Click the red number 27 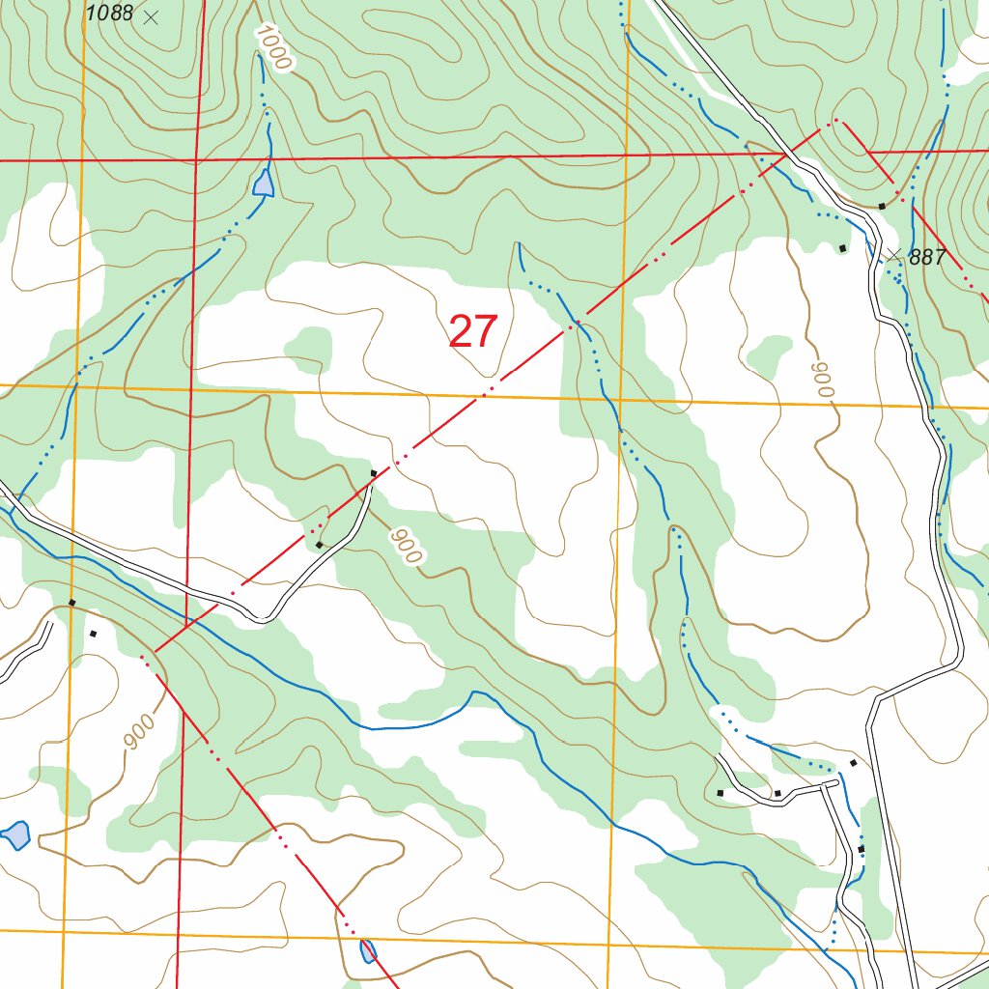473,332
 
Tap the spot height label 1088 109,14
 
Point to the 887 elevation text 927,257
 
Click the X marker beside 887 894,255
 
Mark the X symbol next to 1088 150,16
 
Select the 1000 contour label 273,47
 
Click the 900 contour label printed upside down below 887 822,381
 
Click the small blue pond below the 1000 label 262,183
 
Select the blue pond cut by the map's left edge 15,834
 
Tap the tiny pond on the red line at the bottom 367,951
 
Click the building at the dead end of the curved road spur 374,472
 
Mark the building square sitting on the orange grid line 71,603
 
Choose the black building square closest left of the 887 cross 842,249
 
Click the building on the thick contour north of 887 882,206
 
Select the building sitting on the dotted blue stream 861,849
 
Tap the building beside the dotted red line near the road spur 319,546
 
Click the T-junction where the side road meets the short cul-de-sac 824,786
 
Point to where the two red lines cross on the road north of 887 784,154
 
